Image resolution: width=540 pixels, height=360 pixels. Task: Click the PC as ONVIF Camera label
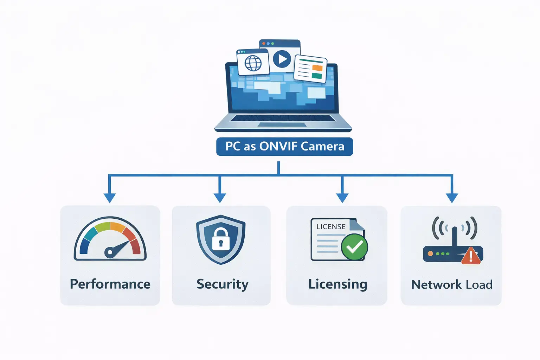pyautogui.click(x=284, y=146)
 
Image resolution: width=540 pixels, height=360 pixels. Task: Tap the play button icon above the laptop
pyautogui.click(x=282, y=59)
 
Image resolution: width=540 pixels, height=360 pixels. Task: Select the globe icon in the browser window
pyautogui.click(x=253, y=64)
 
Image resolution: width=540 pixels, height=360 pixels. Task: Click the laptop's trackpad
pyautogui.click(x=282, y=124)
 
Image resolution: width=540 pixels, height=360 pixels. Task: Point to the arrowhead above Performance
pyautogui.click(x=110, y=198)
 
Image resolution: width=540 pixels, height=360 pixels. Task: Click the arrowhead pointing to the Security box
pyautogui.click(x=220, y=198)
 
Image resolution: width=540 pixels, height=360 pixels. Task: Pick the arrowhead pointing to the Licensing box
pyautogui.click(x=342, y=198)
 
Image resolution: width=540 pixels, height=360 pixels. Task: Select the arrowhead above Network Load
pyautogui.click(x=452, y=198)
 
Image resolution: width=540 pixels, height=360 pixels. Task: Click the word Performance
pyautogui.click(x=110, y=284)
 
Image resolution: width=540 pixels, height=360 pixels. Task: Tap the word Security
pyautogui.click(x=222, y=284)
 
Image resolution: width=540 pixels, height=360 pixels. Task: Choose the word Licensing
pyautogui.click(x=337, y=284)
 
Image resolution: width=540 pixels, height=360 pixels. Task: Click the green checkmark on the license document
pyautogui.click(x=354, y=247)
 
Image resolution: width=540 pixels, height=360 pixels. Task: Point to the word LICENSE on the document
pyautogui.click(x=331, y=227)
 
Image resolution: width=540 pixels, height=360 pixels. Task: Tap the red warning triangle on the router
pyautogui.click(x=471, y=256)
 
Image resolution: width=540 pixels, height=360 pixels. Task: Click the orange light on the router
pyautogui.click(x=430, y=253)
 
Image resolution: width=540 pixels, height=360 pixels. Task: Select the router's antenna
pyautogui.click(x=454, y=237)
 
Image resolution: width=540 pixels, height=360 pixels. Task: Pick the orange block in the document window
pyautogui.click(x=317, y=68)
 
